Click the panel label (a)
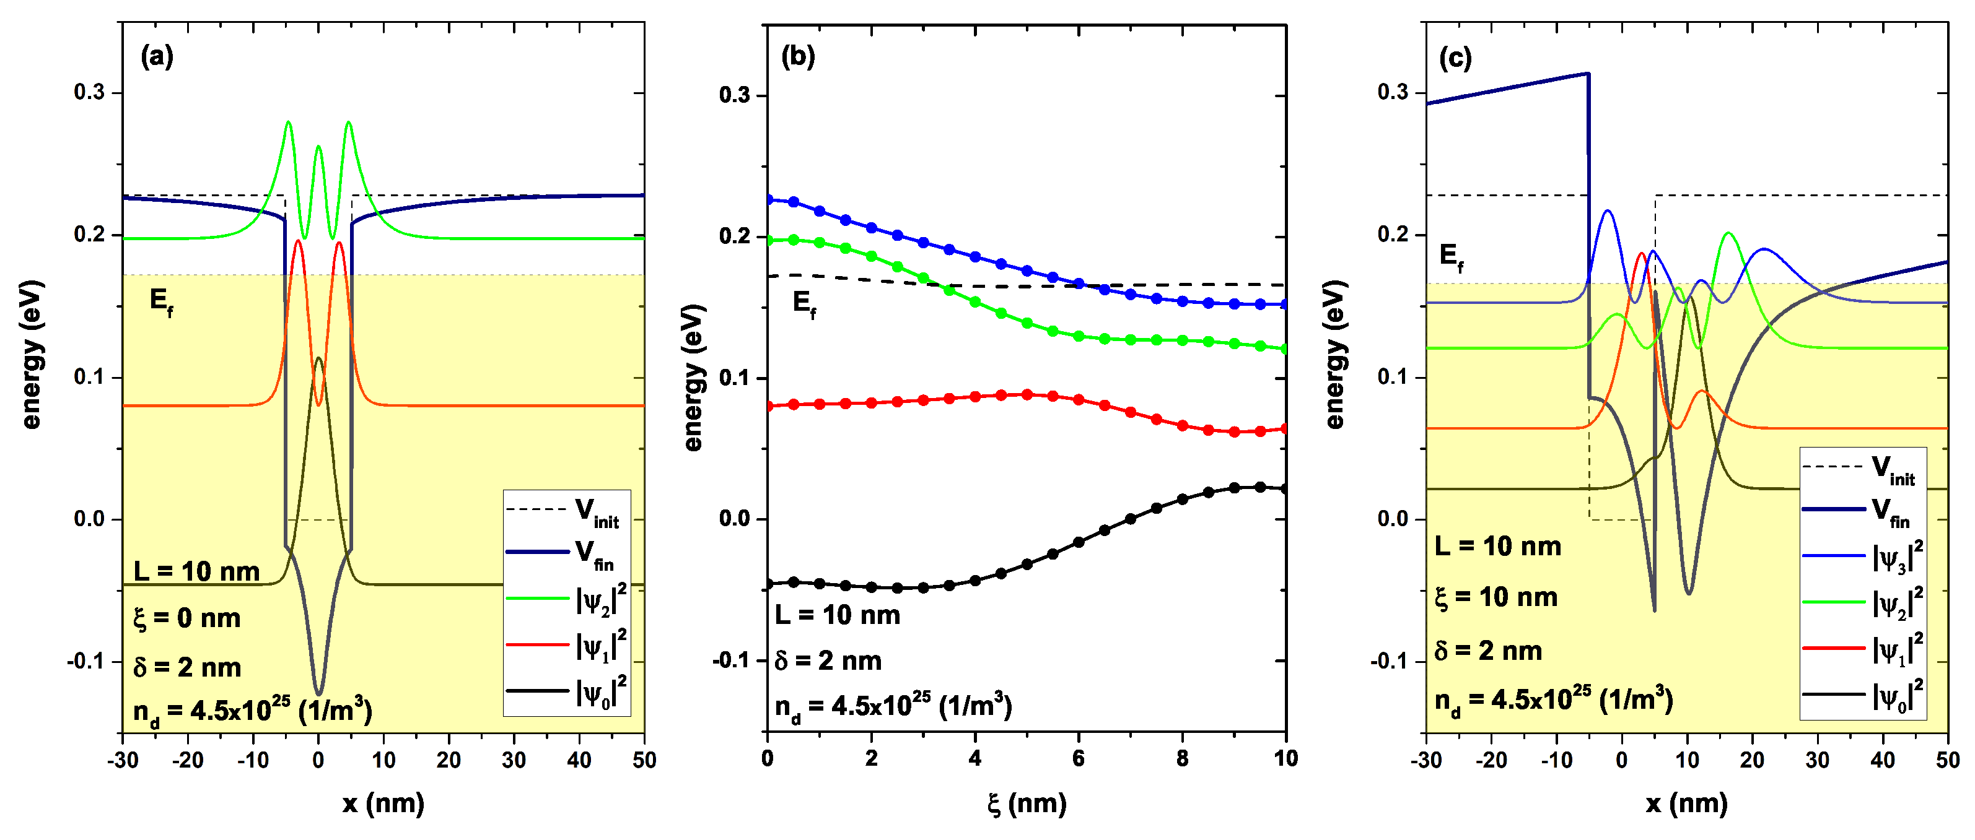[x=157, y=57]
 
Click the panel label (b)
[x=797, y=57]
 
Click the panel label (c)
[x=1455, y=58]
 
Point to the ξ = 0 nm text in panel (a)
[x=187, y=618]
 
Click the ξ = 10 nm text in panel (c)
[x=1496, y=597]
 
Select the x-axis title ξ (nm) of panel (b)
[x=1027, y=803]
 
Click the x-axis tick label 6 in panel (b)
[x=1078, y=759]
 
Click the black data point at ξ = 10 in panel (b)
[x=1285, y=489]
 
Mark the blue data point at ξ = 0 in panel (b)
[x=768, y=199]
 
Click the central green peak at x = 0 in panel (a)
[x=319, y=146]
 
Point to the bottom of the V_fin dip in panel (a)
[x=319, y=694]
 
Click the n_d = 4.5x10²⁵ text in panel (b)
[x=893, y=706]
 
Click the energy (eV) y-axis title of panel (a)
[x=32, y=355]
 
